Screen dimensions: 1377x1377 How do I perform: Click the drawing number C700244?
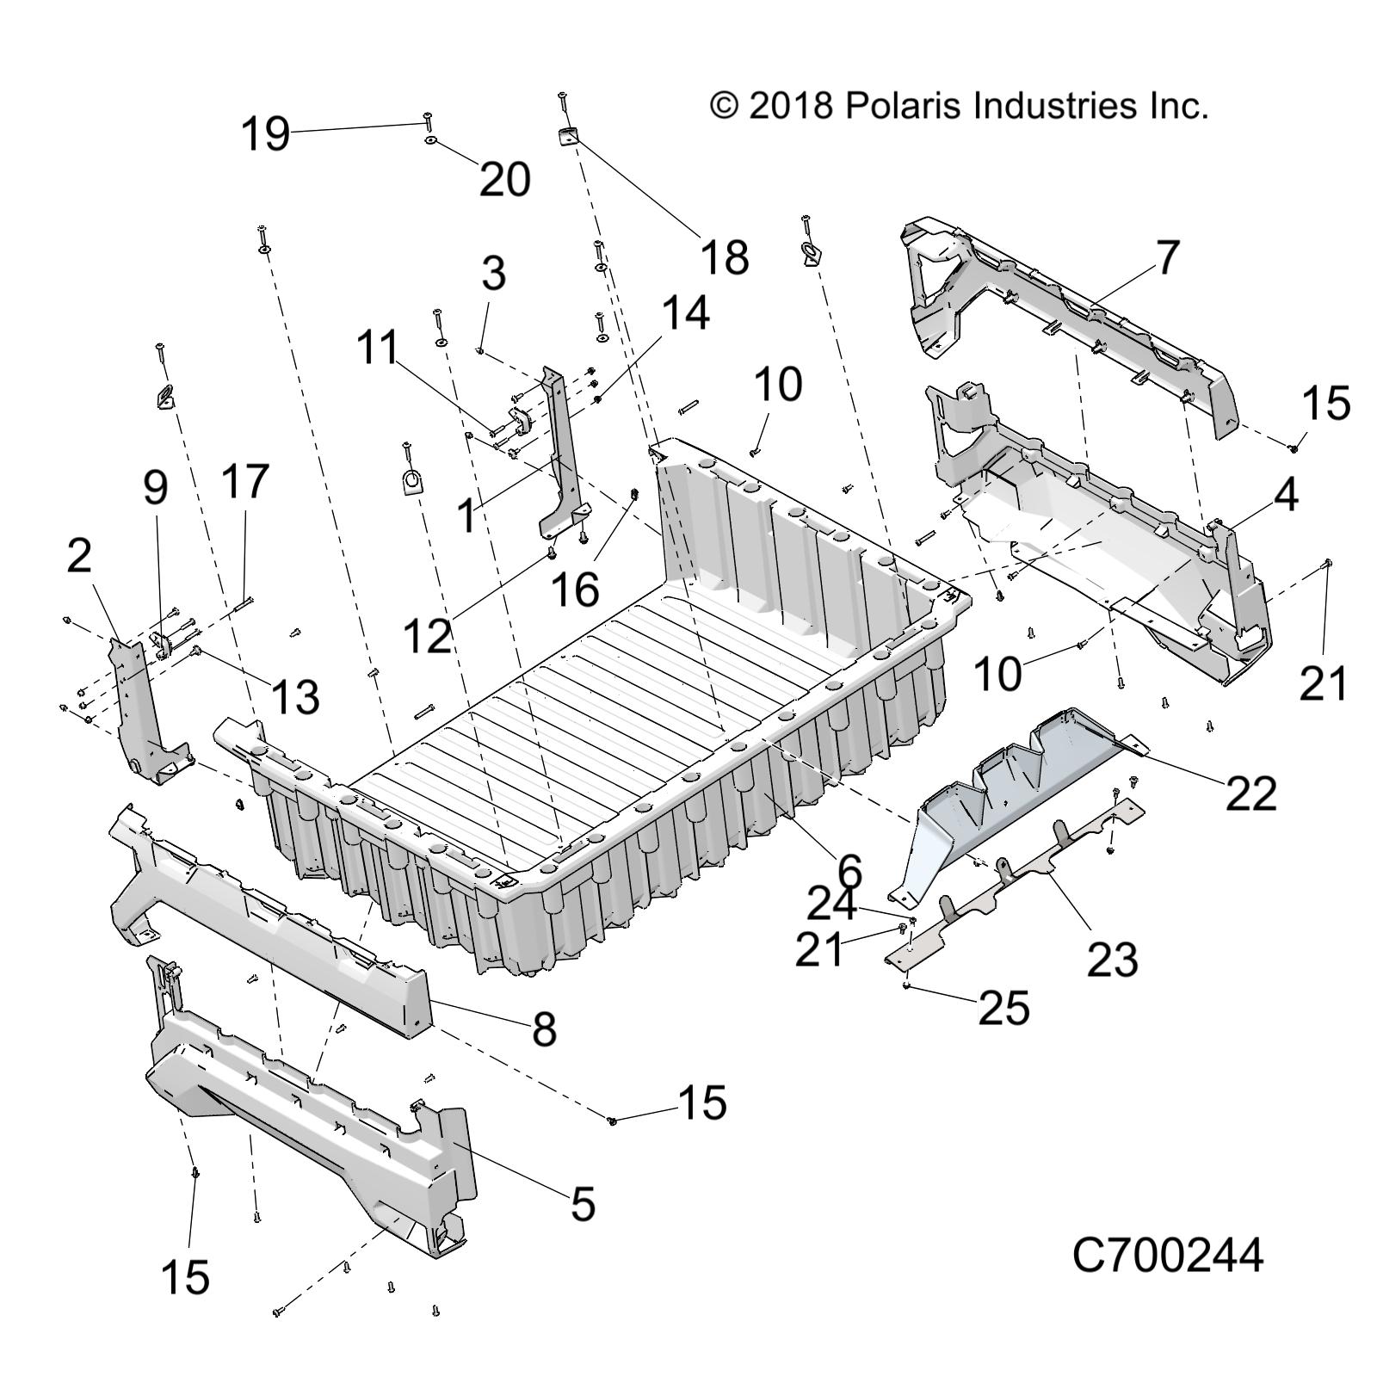tap(1167, 1256)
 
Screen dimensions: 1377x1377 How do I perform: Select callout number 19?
tap(264, 135)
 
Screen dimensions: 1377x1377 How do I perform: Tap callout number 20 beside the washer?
tap(504, 180)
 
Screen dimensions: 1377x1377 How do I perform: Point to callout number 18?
tap(725, 256)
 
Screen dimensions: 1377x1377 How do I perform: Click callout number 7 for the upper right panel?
tap(1166, 256)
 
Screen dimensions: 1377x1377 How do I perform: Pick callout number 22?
tap(1250, 793)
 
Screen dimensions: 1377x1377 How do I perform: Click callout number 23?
tap(1112, 959)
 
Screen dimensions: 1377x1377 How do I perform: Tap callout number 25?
tap(1003, 1007)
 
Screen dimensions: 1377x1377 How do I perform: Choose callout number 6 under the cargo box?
tap(849, 871)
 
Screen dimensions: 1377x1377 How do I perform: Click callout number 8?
tap(544, 1028)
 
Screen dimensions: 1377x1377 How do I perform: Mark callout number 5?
tap(583, 1203)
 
